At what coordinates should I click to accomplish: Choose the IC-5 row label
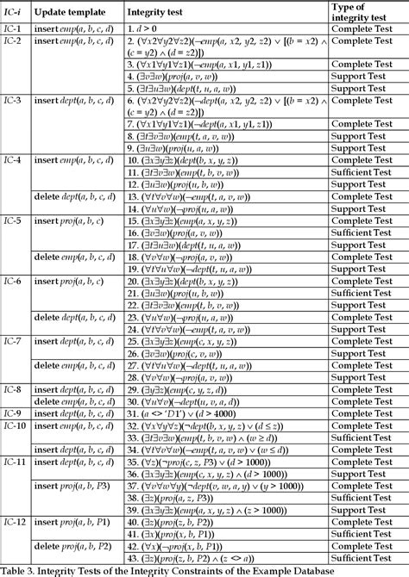point(13,221)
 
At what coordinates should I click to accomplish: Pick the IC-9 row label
point(13,413)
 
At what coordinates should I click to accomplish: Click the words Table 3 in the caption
point(19,569)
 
